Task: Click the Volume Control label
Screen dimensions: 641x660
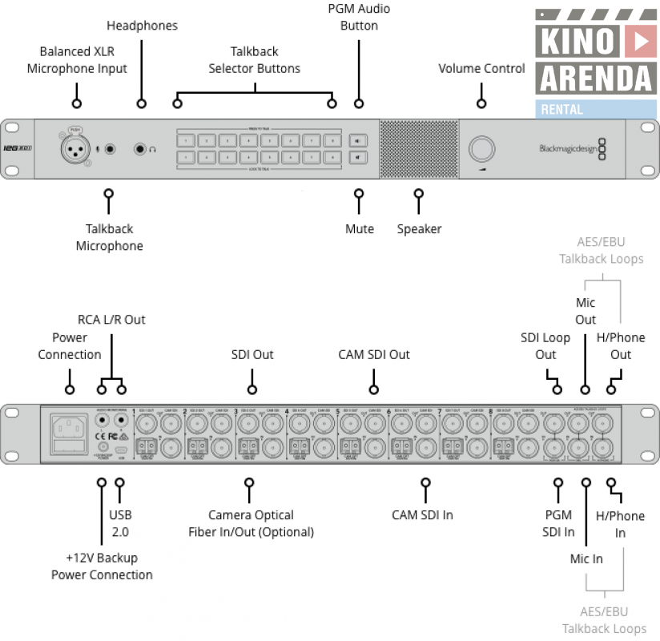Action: pyautogui.click(x=481, y=68)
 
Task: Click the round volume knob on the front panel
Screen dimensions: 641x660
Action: pyautogui.click(x=481, y=149)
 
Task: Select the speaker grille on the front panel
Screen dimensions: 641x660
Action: pyautogui.click(x=417, y=149)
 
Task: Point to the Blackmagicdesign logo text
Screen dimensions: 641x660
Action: pyautogui.click(x=567, y=148)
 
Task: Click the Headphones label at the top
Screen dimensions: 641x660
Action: pyautogui.click(x=142, y=26)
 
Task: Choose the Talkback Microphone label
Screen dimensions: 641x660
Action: pyautogui.click(x=109, y=237)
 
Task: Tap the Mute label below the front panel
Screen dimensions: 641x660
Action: pyautogui.click(x=359, y=229)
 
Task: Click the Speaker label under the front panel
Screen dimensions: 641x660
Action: pyautogui.click(x=419, y=229)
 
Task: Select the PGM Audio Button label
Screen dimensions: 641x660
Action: pyautogui.click(x=358, y=17)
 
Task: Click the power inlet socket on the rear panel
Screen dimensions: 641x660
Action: pyautogui.click(x=69, y=434)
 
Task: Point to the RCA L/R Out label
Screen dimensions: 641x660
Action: pyautogui.click(x=111, y=319)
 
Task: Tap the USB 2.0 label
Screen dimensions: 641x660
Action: pyautogui.click(x=120, y=522)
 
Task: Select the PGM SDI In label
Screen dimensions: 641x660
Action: pyautogui.click(x=557, y=523)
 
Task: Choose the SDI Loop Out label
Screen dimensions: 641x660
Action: pyautogui.click(x=545, y=346)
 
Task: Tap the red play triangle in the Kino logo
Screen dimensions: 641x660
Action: pyautogui.click(x=638, y=41)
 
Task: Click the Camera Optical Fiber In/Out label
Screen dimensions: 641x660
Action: pyautogui.click(x=251, y=523)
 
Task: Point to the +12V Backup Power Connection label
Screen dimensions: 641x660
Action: pyautogui.click(x=102, y=566)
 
